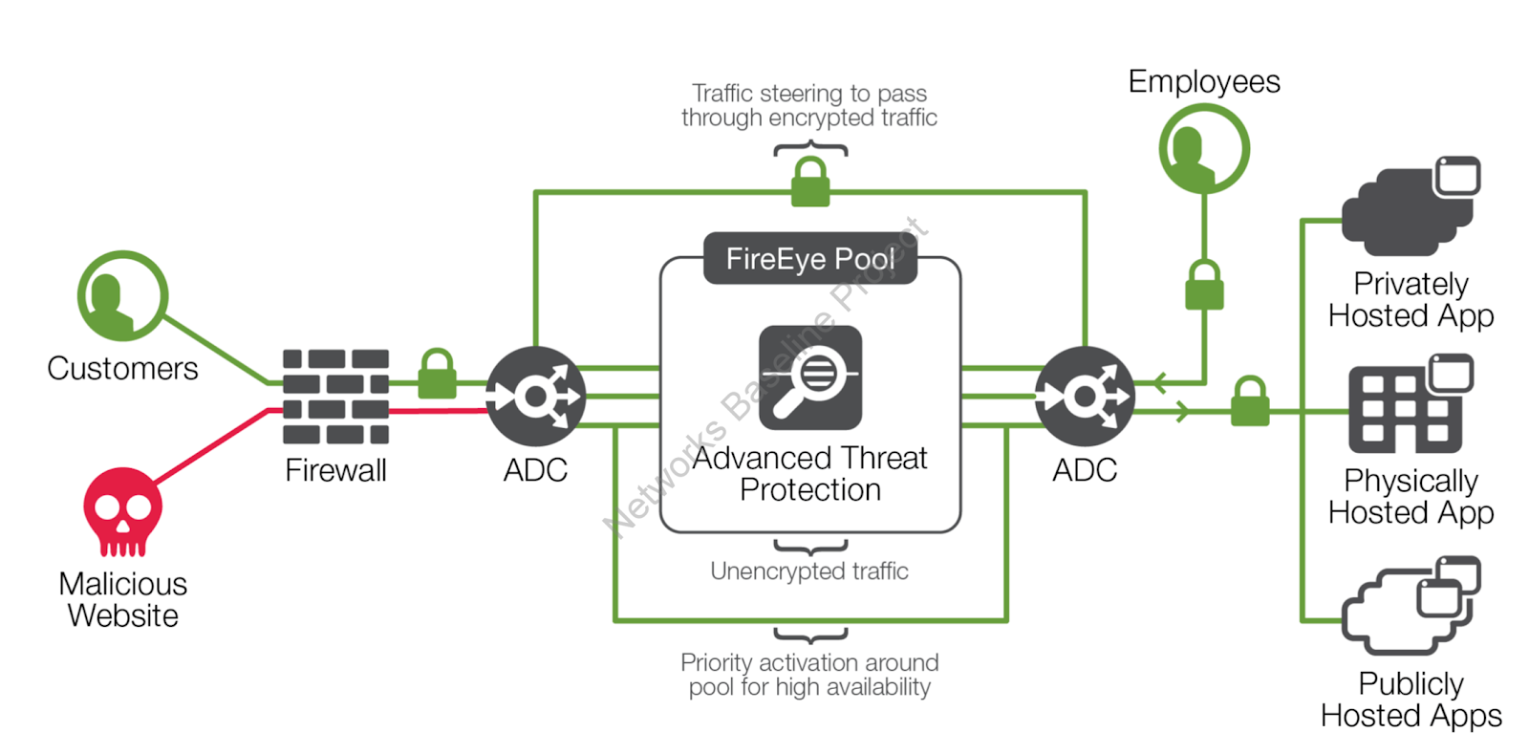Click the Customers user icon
[122, 296]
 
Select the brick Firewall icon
[335, 397]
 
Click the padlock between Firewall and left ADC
[437, 375]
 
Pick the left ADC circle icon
[535, 396]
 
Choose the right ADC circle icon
[1085, 396]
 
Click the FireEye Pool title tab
[809, 258]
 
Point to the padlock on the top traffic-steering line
[810, 183]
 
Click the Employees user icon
[1204, 149]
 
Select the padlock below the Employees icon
[1204, 286]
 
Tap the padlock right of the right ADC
[1250, 401]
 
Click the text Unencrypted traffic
[809, 571]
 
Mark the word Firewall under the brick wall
[335, 470]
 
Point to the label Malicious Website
[122, 599]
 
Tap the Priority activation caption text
[809, 675]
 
